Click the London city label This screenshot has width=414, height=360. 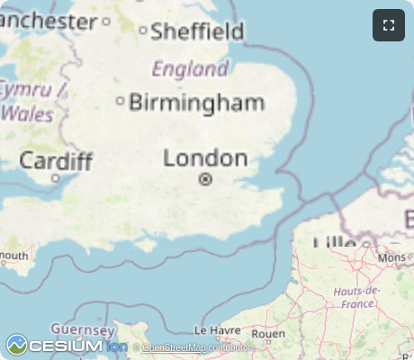tap(205, 158)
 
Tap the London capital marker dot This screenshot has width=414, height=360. tap(205, 179)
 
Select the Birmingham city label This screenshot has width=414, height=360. tap(197, 102)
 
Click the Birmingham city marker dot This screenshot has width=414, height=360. tap(121, 101)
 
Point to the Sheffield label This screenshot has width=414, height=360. tap(197, 31)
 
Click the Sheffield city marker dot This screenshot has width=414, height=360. tap(142, 31)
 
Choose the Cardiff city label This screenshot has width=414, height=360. tap(56, 161)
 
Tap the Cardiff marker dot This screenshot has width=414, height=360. tap(55, 178)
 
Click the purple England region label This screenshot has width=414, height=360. tap(190, 68)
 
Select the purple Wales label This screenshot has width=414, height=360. tap(28, 114)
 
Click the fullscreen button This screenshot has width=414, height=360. tap(389, 25)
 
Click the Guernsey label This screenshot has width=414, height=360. tap(78, 328)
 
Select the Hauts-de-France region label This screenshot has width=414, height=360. tap(357, 297)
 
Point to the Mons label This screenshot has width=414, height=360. tap(392, 257)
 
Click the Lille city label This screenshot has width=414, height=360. tap(335, 242)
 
